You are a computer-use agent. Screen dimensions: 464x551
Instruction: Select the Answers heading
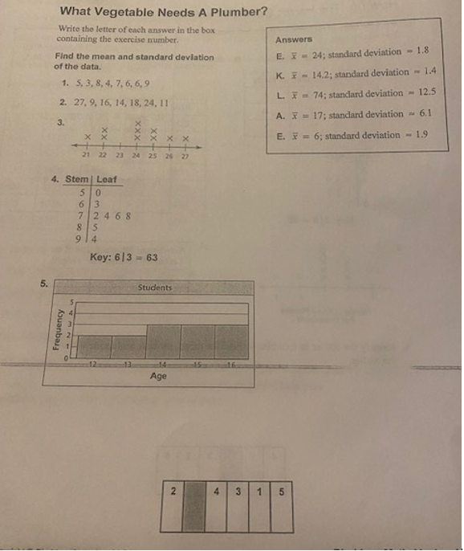tap(293, 39)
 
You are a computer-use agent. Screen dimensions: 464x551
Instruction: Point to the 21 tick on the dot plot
tap(85, 156)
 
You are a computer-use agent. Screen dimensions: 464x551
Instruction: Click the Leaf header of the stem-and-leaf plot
tap(106, 180)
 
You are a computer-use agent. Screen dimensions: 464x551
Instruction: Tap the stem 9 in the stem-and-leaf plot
tap(82, 239)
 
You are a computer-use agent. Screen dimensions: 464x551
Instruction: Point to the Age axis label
tap(158, 376)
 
